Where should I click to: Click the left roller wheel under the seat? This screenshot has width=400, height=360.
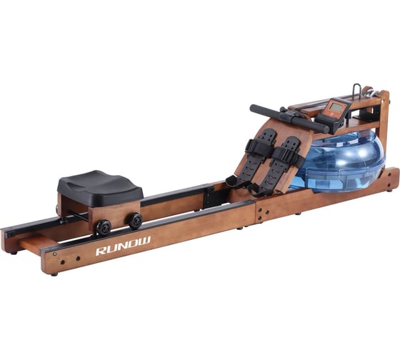click(104, 227)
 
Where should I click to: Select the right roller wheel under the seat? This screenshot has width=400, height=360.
click(134, 220)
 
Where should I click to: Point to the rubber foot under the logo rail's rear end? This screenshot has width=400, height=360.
click(54, 272)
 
